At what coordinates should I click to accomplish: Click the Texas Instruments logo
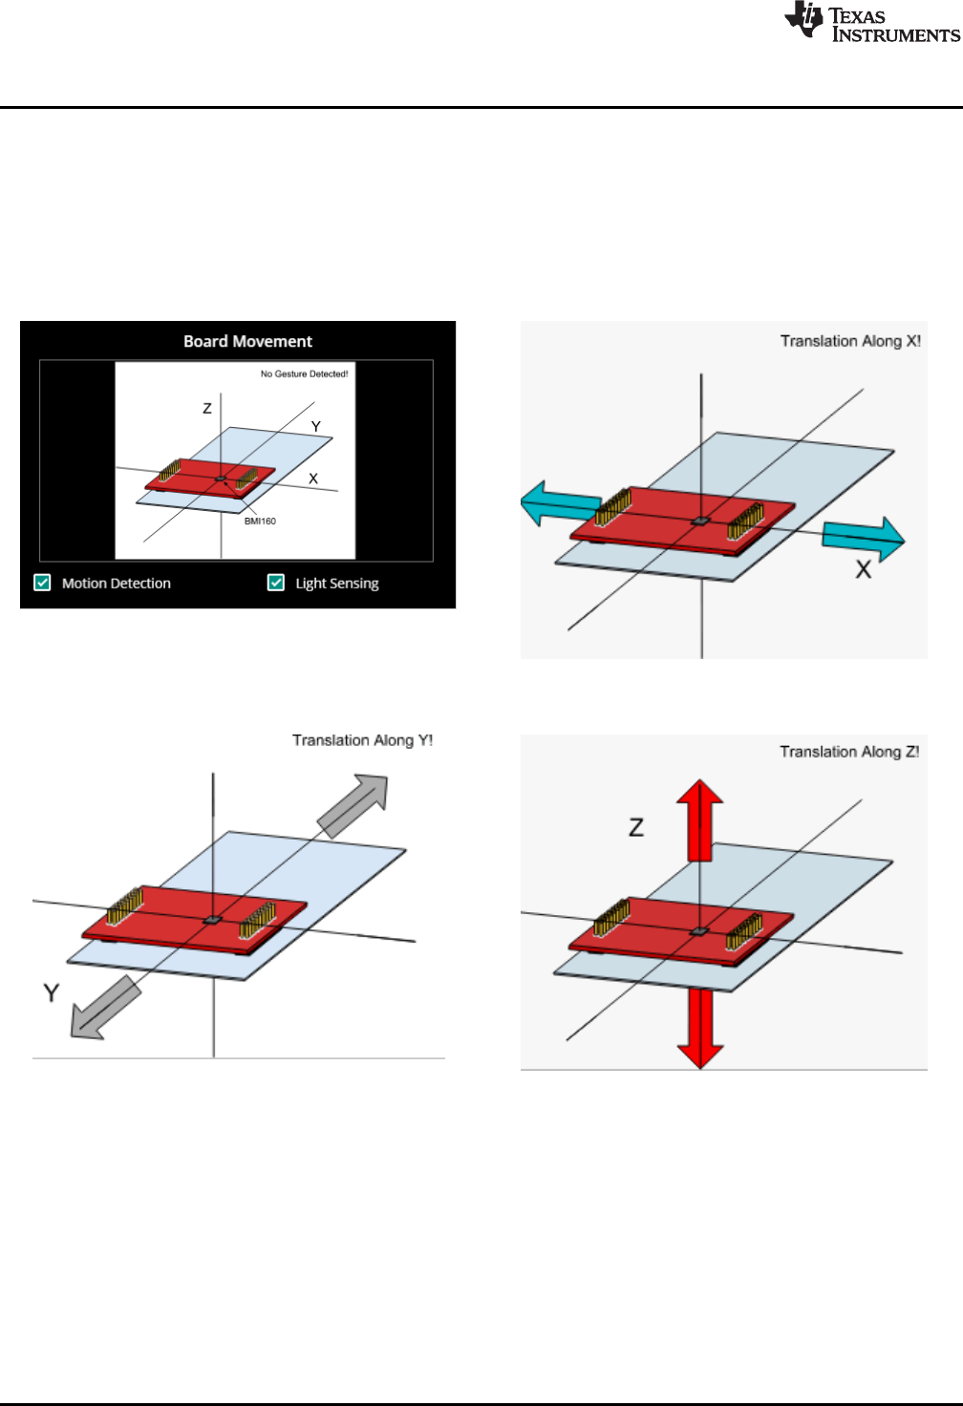pyautogui.click(x=870, y=23)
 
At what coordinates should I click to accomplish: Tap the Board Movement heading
pyautogui.click(x=247, y=342)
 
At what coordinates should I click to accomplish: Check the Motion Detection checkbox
pyautogui.click(x=43, y=583)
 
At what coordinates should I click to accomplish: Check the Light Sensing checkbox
pyautogui.click(x=276, y=583)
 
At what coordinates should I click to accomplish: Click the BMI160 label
pyautogui.click(x=260, y=522)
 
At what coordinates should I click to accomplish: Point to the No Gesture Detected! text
pyautogui.click(x=304, y=374)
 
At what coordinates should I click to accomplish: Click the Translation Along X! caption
pyautogui.click(x=850, y=341)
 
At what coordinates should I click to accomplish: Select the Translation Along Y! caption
pyautogui.click(x=362, y=740)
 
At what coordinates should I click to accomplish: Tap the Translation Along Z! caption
pyautogui.click(x=849, y=752)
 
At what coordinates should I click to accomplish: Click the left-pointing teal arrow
pyautogui.click(x=560, y=502)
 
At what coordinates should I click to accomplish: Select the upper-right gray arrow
pyautogui.click(x=354, y=805)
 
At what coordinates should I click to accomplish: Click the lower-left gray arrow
pyautogui.click(x=105, y=1009)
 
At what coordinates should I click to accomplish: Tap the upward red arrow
pyautogui.click(x=700, y=819)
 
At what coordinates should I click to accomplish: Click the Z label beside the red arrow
pyautogui.click(x=636, y=827)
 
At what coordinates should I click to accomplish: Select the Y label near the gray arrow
pyautogui.click(x=52, y=993)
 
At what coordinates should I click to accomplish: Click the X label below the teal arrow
pyautogui.click(x=863, y=570)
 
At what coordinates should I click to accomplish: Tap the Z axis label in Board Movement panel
pyautogui.click(x=207, y=409)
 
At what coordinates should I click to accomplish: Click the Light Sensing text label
pyautogui.click(x=336, y=584)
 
